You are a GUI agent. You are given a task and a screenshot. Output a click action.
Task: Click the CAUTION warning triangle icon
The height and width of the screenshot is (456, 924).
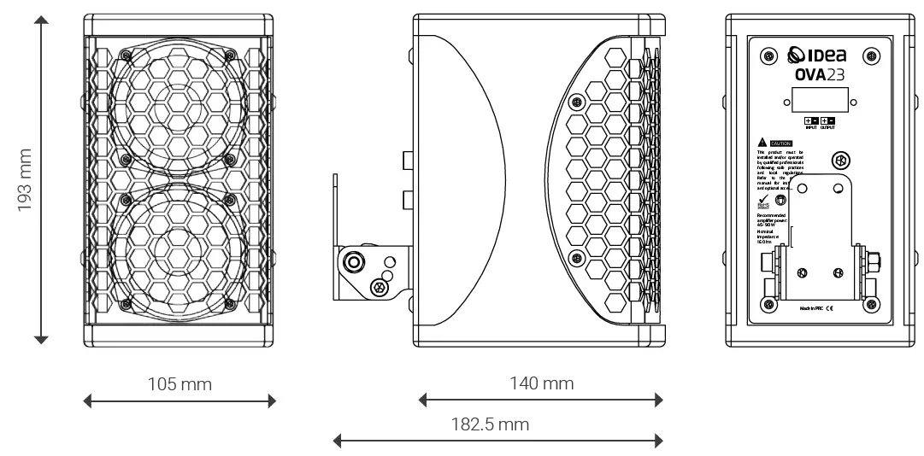[x=762, y=141]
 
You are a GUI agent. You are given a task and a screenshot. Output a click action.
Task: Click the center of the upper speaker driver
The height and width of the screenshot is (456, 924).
[x=179, y=107]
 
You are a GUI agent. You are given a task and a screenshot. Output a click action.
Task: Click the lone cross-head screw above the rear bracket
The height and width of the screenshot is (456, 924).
[x=839, y=161]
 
